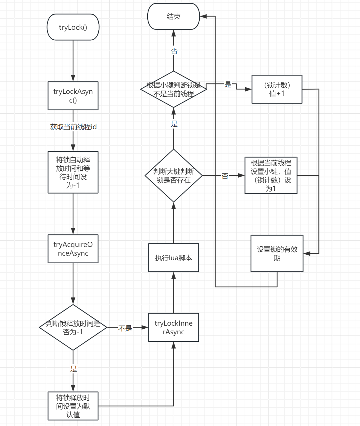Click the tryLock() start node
point(73,27)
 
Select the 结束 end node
point(173,17)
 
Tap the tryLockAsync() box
point(73,96)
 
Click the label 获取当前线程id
point(73,127)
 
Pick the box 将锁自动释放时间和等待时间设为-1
point(73,172)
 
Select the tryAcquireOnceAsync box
point(73,249)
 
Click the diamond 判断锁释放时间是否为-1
point(73,327)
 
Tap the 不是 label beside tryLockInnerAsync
point(125,328)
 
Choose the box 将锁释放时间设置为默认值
point(73,406)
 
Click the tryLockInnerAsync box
point(173,327)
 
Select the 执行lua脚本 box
point(173,258)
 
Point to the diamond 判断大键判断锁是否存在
point(173,176)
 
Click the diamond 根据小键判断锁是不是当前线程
point(173,89)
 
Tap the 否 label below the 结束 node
point(174,51)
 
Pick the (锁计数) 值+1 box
point(277,89)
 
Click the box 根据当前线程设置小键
point(271,175)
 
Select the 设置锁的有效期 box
point(277,253)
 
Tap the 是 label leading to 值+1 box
point(228,85)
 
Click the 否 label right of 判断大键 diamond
point(225,176)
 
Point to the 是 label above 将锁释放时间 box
point(73,369)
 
